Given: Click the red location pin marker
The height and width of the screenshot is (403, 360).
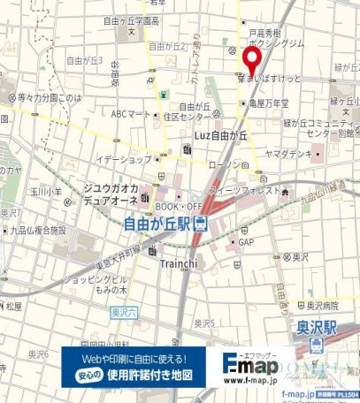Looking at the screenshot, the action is click(x=250, y=61).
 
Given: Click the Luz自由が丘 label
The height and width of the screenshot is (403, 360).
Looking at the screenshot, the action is click(x=226, y=134).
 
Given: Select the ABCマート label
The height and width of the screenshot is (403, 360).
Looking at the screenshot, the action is click(x=131, y=114).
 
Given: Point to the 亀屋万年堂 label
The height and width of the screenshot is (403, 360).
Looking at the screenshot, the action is click(x=270, y=103).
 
